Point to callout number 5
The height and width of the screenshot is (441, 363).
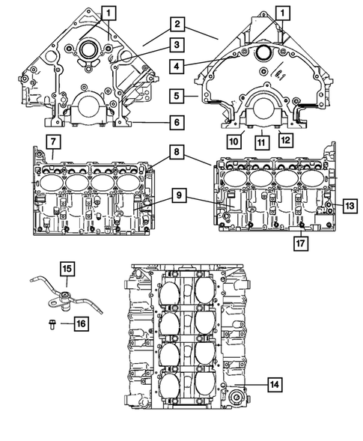point(175,97)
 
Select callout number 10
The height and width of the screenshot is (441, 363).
point(234,139)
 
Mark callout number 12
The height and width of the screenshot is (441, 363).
point(286,139)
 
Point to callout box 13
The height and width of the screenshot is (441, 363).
point(350,204)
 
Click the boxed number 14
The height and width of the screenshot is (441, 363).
point(274,384)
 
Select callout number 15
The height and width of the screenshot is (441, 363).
point(66,267)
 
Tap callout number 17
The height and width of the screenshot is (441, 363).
point(299,242)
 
